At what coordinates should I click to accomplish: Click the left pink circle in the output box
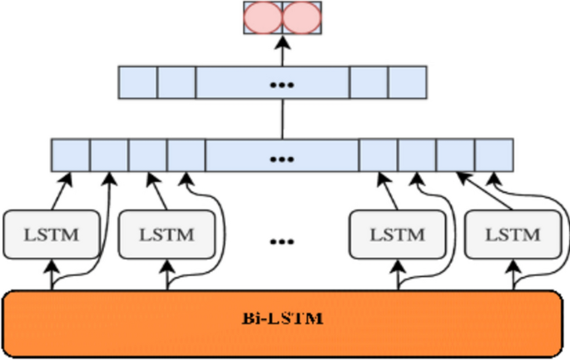point(263,17)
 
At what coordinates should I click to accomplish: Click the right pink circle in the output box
point(300,17)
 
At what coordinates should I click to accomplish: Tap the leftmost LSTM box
point(53,234)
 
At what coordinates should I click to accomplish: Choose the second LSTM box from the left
point(167,234)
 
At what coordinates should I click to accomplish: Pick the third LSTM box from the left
point(397,234)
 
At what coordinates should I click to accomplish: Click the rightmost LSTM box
point(512,234)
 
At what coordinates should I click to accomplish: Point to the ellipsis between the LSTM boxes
point(282,242)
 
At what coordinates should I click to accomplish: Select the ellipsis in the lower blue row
point(282,155)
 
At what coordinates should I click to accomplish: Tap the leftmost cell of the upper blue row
point(138,83)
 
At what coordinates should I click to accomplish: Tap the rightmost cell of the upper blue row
point(407,83)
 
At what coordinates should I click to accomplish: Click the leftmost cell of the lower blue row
point(70,155)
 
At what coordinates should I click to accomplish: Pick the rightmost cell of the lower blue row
point(493,155)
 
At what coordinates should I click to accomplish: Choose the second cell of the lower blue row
point(108,155)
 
